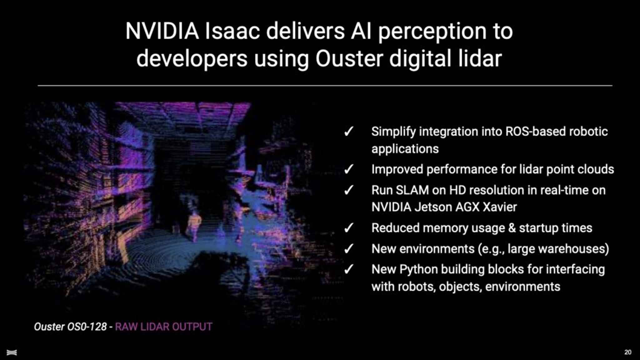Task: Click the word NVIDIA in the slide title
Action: [x=162, y=31]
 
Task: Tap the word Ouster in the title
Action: [x=349, y=58]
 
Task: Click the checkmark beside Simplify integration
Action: [x=349, y=132]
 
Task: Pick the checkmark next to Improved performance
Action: [x=349, y=169]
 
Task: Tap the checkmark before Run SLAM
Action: [x=349, y=190]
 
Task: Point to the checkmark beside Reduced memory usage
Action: [x=349, y=228]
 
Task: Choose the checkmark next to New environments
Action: [x=349, y=249]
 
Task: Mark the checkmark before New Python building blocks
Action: [x=349, y=269]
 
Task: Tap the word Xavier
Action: [x=500, y=207]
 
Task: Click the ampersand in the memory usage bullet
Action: [x=512, y=228]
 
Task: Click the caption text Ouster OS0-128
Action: [x=70, y=327]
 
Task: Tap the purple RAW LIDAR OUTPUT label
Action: [x=164, y=327]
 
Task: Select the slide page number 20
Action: [x=628, y=352]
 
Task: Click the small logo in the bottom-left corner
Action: [x=12, y=352]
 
